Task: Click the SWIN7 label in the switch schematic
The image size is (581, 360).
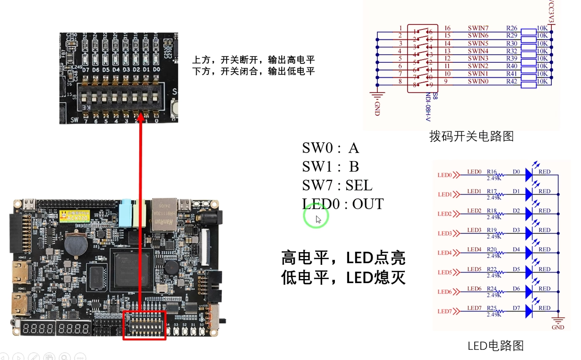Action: (x=478, y=28)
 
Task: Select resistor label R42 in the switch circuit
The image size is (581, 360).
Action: (x=512, y=81)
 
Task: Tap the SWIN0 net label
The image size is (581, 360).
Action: (x=478, y=81)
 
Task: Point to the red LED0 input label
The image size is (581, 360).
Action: (x=445, y=175)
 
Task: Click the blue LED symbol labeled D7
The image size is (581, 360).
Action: (x=529, y=311)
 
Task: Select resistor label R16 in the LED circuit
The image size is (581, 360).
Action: (x=492, y=172)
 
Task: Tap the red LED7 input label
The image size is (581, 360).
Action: (x=445, y=311)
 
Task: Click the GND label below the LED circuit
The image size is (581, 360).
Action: (x=558, y=327)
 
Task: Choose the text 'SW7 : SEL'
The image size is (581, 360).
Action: (x=337, y=185)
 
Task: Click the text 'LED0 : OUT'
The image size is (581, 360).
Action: (x=343, y=204)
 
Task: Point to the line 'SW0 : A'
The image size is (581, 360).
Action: (x=330, y=148)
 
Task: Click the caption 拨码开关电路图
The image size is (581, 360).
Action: (x=471, y=136)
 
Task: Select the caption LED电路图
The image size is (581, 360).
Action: (x=495, y=346)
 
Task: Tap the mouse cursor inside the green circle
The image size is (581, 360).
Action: (x=318, y=219)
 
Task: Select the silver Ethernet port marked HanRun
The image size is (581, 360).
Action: (x=164, y=215)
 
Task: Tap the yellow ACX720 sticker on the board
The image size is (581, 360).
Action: (x=75, y=216)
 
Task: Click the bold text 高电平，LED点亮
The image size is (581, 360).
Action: (x=343, y=258)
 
